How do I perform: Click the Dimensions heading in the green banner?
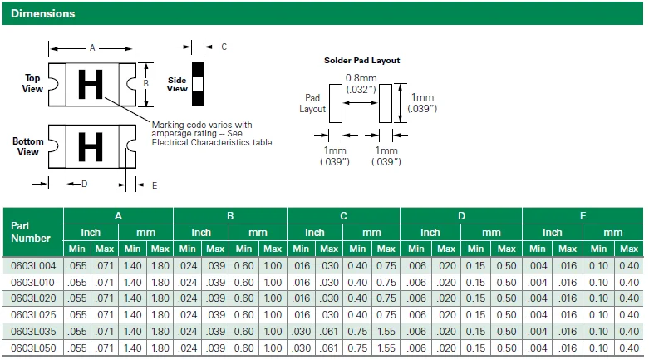(42, 13)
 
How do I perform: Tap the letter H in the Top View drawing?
(91, 85)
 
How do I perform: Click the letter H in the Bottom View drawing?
(91, 146)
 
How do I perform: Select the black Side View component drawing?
(198, 84)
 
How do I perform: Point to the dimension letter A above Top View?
(92, 48)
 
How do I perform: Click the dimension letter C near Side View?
(224, 47)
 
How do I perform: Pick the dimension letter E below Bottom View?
(155, 185)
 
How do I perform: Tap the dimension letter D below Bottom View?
(85, 184)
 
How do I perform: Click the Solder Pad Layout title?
(361, 61)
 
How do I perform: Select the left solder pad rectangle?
(336, 104)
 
